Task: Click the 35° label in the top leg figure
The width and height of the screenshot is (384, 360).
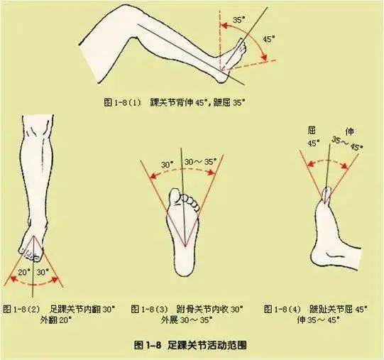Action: coord(238,21)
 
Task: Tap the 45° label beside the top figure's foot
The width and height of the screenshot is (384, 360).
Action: coord(269,40)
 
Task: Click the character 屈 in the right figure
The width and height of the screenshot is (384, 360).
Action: coord(312,131)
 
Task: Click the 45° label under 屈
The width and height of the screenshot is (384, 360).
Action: coord(313,143)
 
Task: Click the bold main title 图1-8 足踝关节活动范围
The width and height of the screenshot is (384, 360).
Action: coord(190,344)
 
